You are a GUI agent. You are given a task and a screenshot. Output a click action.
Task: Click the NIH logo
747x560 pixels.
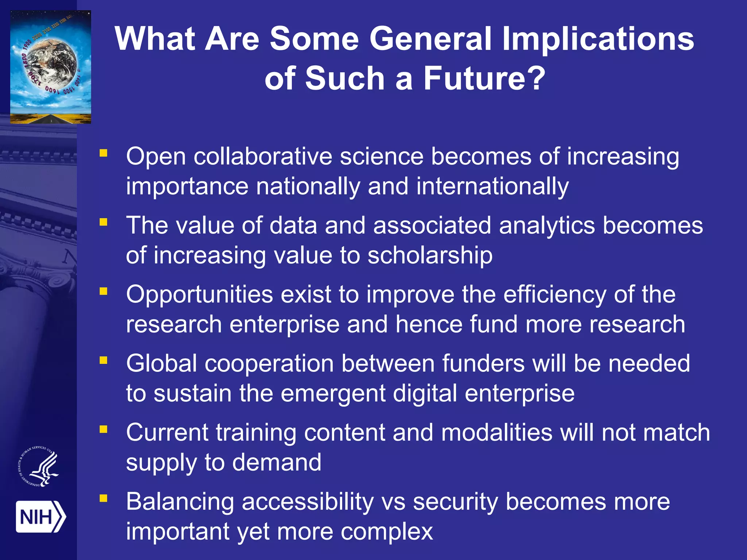click(x=40, y=517)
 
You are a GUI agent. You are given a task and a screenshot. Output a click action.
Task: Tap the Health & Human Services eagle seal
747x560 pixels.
click(x=39, y=467)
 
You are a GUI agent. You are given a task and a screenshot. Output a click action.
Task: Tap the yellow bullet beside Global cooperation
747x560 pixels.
click(x=104, y=360)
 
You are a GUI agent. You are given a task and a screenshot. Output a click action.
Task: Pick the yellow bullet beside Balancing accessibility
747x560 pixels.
click(x=104, y=498)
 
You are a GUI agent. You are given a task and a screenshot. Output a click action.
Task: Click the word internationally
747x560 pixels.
click(x=492, y=186)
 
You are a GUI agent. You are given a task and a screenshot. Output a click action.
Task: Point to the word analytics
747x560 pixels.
click(x=547, y=225)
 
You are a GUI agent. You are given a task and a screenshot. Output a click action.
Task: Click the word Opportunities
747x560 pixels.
click(x=200, y=295)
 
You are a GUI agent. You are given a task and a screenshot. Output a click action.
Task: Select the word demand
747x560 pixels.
click(x=277, y=462)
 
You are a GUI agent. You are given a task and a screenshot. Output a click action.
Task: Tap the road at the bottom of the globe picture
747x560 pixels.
click(x=51, y=118)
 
